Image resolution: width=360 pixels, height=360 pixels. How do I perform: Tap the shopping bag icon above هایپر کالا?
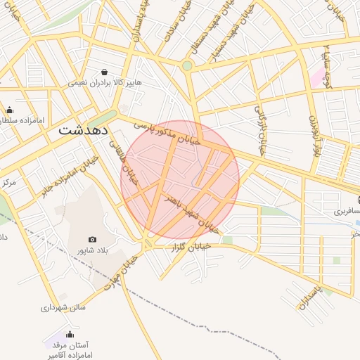pyautogui.click(x=104, y=72)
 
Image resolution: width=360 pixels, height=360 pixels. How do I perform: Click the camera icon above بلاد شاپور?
pyautogui.click(x=92, y=240)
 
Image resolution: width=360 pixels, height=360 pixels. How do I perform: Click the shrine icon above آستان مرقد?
pyautogui.click(x=69, y=335)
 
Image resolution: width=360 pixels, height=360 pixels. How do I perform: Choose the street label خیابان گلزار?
pyautogui.click(x=191, y=247)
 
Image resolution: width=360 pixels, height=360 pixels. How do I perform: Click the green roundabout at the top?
pyautogui.click(x=187, y=66)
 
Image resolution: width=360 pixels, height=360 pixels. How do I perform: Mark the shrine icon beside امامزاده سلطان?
pyautogui.click(x=9, y=110)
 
